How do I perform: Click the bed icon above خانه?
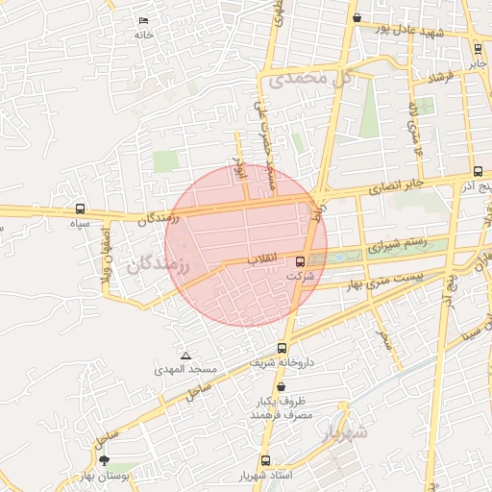[x=143, y=21]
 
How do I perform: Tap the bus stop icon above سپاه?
[x=79, y=209]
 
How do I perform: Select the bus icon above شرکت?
[x=301, y=261]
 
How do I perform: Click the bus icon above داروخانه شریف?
[x=282, y=348]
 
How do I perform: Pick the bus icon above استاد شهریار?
[x=265, y=460]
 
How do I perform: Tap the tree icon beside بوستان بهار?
[x=104, y=461]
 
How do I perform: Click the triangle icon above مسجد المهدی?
[x=185, y=356]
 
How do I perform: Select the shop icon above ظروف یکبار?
[x=281, y=386]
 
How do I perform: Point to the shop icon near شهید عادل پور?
[x=357, y=17]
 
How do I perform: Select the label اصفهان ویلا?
[x=109, y=255]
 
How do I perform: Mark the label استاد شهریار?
[x=266, y=476]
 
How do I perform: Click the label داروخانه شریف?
[x=283, y=363]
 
